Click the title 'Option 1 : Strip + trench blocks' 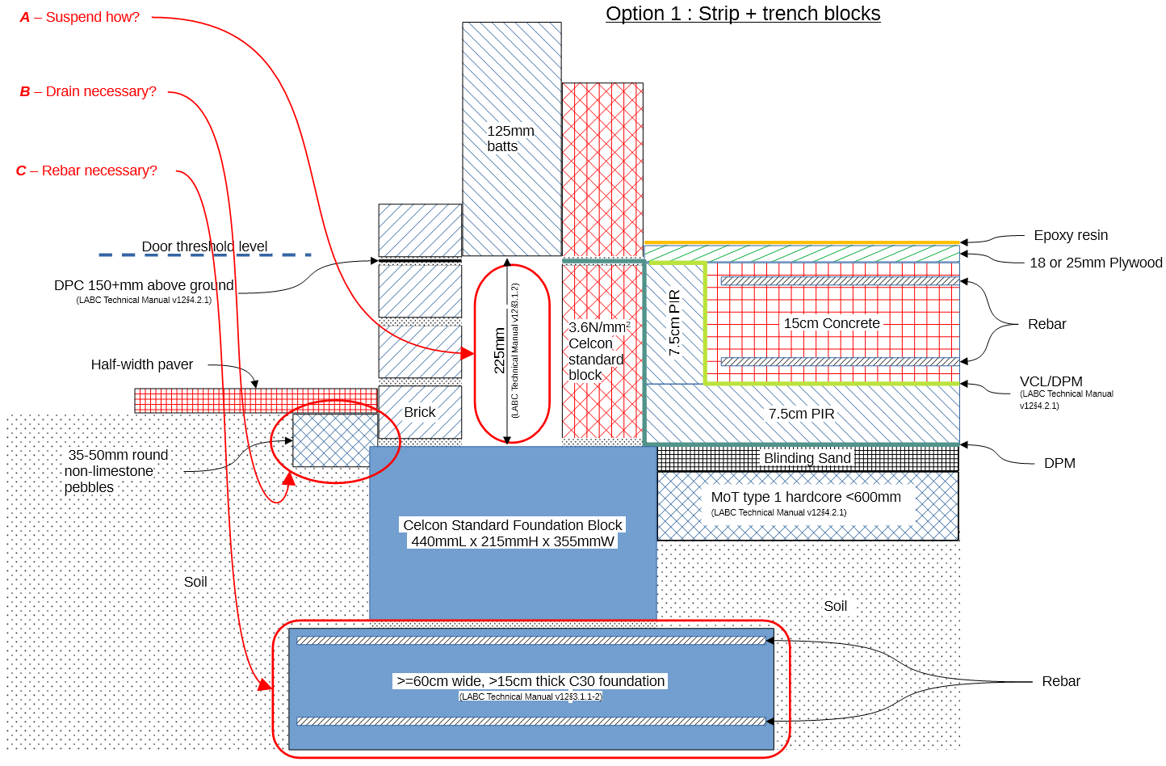pos(743,14)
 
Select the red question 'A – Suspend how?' pos(80,17)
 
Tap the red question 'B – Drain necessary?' pos(88,91)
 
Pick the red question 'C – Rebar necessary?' pos(86,170)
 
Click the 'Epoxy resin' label pos(1071,235)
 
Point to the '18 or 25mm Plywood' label pos(1096,263)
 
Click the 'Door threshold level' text pos(204,246)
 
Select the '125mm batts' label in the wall pos(510,138)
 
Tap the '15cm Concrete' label pos(832,323)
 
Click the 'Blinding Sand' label pos(807,458)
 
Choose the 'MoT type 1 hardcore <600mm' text pos(806,497)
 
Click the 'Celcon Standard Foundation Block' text pos(513,525)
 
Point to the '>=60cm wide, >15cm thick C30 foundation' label pos(531,681)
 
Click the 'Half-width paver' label pos(142,364)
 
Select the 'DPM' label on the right pos(1059,463)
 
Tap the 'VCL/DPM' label pos(1051,381)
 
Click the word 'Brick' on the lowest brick pos(420,412)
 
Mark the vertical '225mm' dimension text pos(500,350)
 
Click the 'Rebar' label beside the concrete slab pos(1046,324)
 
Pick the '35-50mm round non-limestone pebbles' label pos(117,471)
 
